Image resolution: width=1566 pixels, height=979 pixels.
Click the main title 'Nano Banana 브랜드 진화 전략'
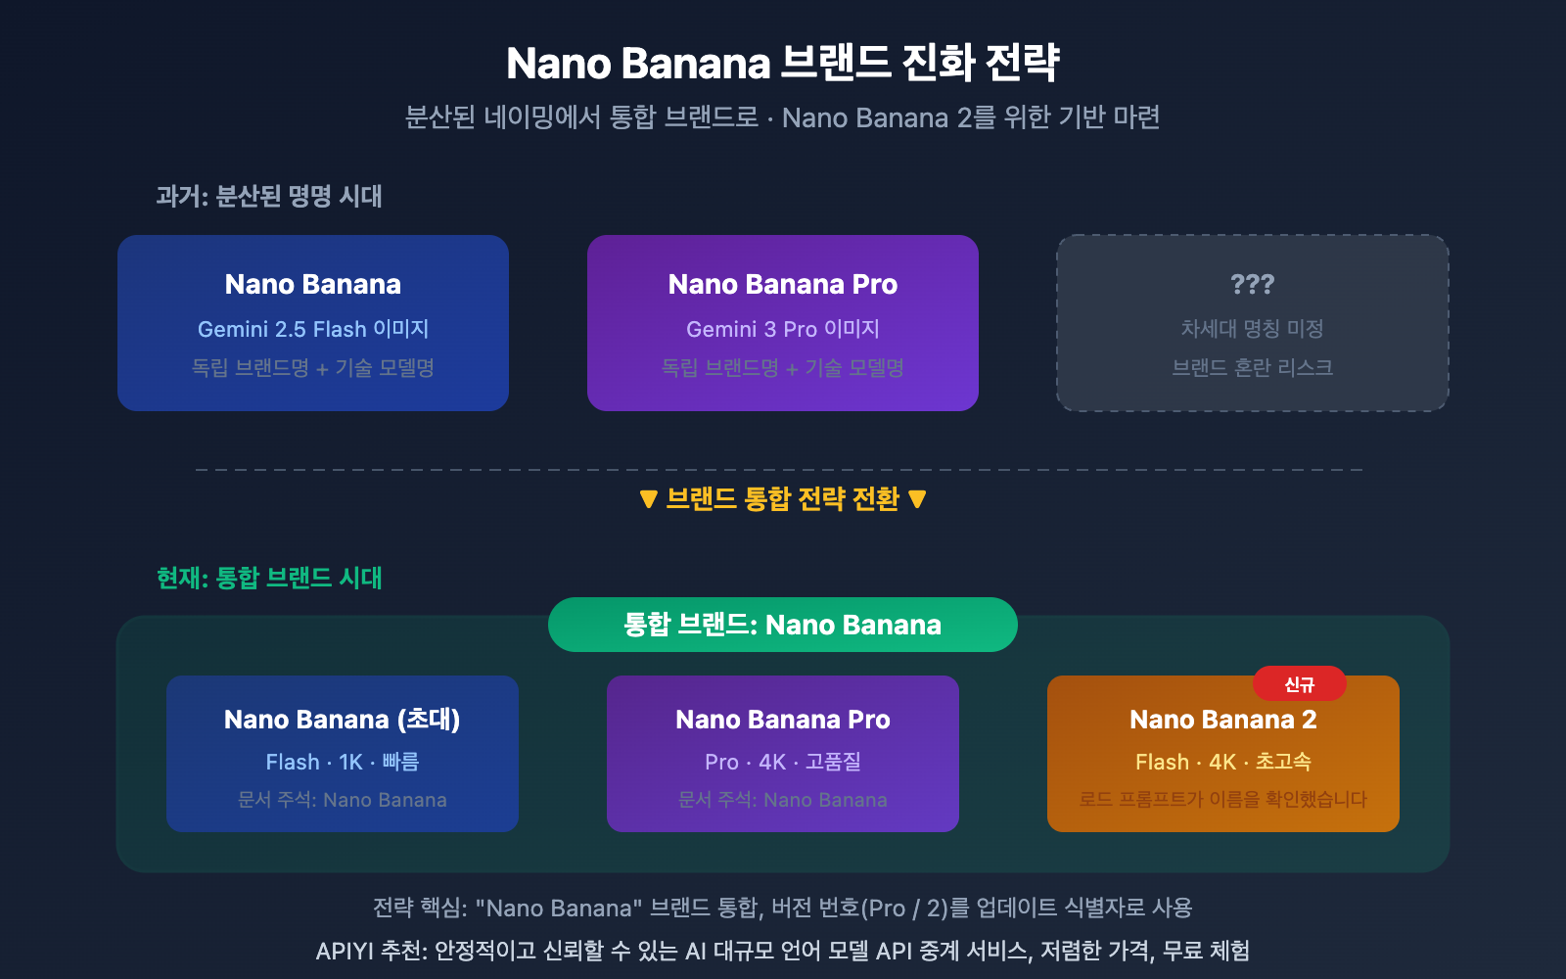(783, 64)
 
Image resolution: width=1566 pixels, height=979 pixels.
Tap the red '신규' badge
(1300, 684)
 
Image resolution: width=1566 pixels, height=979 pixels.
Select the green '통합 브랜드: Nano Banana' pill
(783, 625)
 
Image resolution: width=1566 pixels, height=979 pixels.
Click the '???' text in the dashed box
(1252, 284)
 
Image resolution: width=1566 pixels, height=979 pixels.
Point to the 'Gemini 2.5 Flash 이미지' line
(313, 329)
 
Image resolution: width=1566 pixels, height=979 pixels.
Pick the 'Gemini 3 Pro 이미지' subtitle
(783, 329)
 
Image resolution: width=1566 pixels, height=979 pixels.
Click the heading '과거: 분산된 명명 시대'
(269, 196)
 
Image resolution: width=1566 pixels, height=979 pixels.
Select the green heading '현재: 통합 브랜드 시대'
(269, 578)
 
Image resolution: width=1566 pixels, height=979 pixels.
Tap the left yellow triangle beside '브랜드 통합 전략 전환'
(648, 499)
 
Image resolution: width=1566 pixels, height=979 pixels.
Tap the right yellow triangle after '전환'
(917, 499)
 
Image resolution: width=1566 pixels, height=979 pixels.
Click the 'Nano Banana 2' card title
(1223, 720)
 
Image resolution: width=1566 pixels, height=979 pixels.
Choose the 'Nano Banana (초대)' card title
(342, 720)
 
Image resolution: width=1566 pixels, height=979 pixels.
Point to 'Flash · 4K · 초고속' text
(1223, 762)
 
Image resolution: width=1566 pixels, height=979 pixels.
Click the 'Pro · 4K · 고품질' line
(783, 762)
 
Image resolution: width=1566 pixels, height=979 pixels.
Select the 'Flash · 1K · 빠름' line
(342, 762)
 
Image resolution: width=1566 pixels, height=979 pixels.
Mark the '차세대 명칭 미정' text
(1252, 329)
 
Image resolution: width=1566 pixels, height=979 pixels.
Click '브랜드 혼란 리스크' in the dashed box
(1252, 368)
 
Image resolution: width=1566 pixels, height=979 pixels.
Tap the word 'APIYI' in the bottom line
(342, 951)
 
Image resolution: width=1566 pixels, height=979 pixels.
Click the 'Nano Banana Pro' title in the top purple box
(783, 284)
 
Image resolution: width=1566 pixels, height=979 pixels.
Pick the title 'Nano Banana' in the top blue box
(313, 284)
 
